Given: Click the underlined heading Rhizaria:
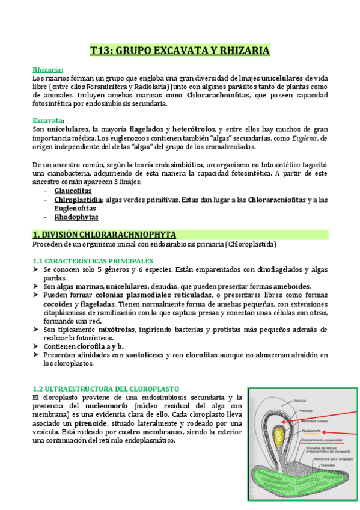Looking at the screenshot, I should (48, 69).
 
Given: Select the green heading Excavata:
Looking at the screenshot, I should (48, 120).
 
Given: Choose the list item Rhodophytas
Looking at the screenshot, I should (76, 217).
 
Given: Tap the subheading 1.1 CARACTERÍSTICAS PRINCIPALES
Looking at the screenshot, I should (93, 260).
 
